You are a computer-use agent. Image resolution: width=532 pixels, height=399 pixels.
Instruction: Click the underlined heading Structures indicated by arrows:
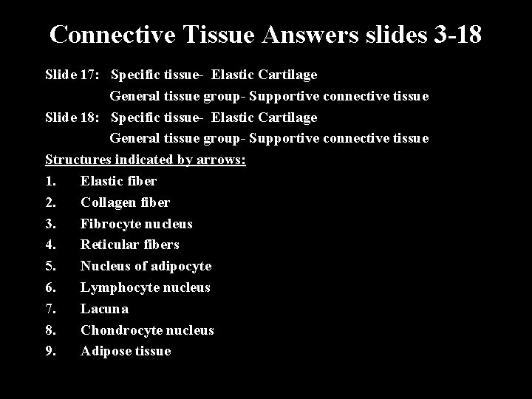tap(146, 160)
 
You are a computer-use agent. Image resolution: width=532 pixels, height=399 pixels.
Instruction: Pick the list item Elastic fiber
tap(118, 181)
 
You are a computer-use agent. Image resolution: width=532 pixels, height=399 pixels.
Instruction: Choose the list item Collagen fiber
tap(125, 202)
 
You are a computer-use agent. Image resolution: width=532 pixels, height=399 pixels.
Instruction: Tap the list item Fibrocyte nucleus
tap(136, 224)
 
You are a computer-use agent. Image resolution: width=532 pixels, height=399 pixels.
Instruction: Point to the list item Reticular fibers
tap(129, 245)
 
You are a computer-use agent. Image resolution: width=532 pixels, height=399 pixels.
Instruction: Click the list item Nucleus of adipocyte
tap(146, 266)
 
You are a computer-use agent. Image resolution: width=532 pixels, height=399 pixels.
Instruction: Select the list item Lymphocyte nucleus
tap(145, 287)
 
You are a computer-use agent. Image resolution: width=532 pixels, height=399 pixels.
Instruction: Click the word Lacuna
tap(104, 309)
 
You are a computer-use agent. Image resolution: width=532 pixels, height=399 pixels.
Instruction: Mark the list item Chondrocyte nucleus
tap(147, 330)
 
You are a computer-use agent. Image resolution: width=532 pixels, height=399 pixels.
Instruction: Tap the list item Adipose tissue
tap(125, 352)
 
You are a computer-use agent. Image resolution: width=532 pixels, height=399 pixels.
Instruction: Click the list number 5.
tap(50, 266)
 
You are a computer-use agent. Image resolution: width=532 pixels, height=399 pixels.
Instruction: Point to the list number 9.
tap(50, 352)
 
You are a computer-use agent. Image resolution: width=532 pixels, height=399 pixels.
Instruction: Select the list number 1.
tap(50, 181)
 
